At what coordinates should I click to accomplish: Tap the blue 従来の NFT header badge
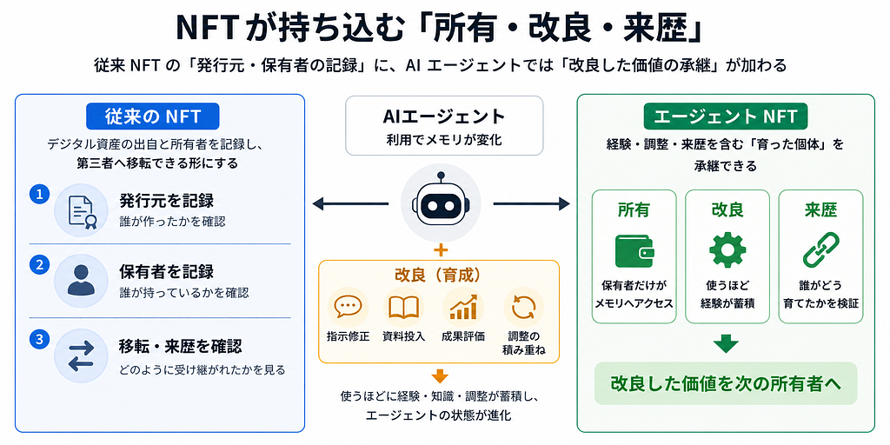tap(153, 116)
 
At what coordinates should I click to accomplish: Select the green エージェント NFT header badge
tap(726, 116)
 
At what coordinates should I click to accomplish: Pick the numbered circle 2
tap(39, 264)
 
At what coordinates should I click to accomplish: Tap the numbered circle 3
tap(39, 340)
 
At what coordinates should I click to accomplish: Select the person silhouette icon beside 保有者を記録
tap(81, 281)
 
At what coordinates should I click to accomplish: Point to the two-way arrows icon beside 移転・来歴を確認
tap(81, 355)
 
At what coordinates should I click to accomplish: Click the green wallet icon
tap(634, 251)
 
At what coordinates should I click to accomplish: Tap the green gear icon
tap(727, 250)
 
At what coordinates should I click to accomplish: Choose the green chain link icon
tap(820, 251)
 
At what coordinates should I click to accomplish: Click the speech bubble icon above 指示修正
tap(348, 307)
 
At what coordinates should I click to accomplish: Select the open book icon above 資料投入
tap(403, 307)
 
